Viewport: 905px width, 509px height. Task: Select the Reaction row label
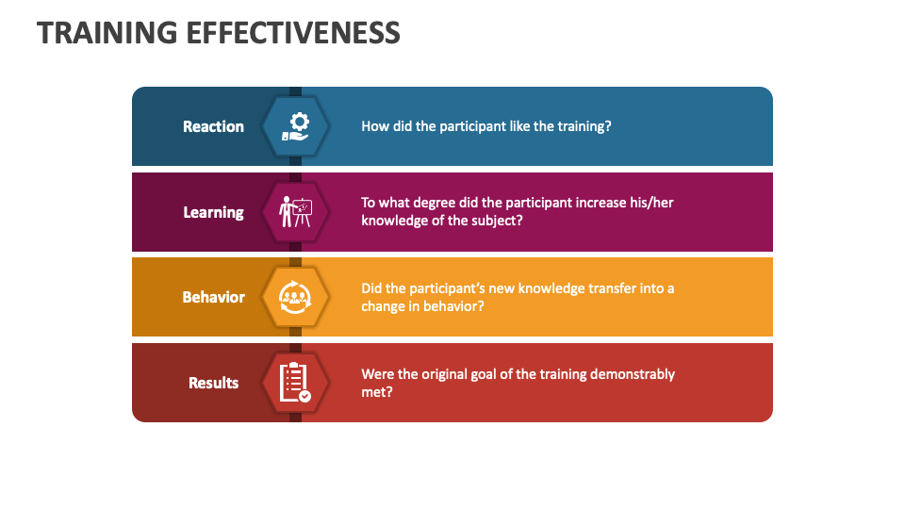[213, 126]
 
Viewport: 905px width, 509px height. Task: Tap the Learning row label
[213, 212]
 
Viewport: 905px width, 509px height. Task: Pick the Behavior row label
[213, 297]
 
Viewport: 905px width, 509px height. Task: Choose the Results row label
[213, 383]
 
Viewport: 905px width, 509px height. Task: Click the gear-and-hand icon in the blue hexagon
[296, 126]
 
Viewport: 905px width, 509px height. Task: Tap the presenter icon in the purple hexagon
[296, 212]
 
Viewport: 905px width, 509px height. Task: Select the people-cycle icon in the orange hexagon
[296, 297]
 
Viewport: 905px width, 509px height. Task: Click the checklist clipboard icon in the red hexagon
[296, 383]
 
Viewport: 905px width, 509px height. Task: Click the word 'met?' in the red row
[377, 392]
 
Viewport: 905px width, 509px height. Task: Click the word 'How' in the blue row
[374, 126]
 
